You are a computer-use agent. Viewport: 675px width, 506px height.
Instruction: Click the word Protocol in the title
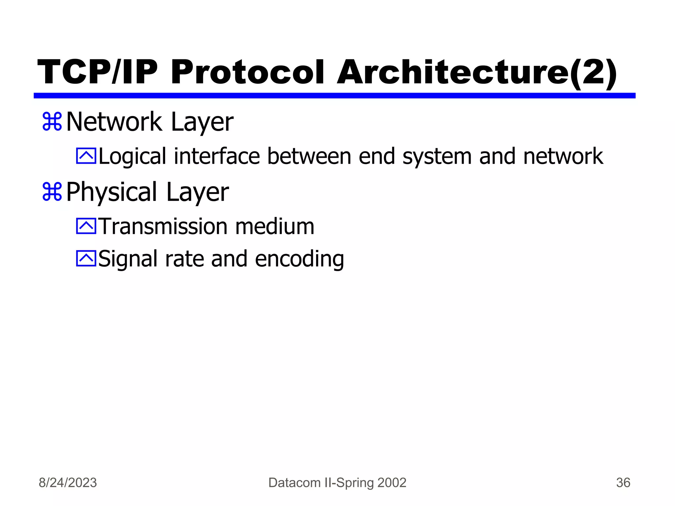pyautogui.click(x=247, y=72)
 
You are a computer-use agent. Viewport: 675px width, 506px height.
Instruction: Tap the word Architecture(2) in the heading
pyautogui.click(x=476, y=72)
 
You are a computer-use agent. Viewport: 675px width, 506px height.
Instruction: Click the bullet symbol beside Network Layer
pyautogui.click(x=52, y=122)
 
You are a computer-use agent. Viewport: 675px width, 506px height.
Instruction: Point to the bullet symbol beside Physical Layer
pyautogui.click(x=52, y=192)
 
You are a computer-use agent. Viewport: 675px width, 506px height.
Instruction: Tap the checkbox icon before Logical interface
pyautogui.click(x=86, y=156)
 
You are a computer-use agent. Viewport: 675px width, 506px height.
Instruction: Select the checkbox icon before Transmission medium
pyautogui.click(x=86, y=226)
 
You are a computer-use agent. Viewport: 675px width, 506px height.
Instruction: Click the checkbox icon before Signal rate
pyautogui.click(x=86, y=258)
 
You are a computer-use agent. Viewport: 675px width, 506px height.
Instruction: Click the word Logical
pyautogui.click(x=132, y=157)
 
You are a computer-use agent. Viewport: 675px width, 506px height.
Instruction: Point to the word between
pyautogui.click(x=309, y=156)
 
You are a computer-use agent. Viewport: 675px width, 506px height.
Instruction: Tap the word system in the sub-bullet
pyautogui.click(x=437, y=157)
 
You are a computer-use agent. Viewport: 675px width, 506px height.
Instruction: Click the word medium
pyautogui.click(x=275, y=227)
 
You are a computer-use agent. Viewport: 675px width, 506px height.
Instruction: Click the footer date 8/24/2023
pyautogui.click(x=68, y=483)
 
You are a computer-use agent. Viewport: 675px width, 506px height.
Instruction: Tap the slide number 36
pyautogui.click(x=623, y=483)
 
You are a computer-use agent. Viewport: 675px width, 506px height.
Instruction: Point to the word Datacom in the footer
pyautogui.click(x=295, y=483)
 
